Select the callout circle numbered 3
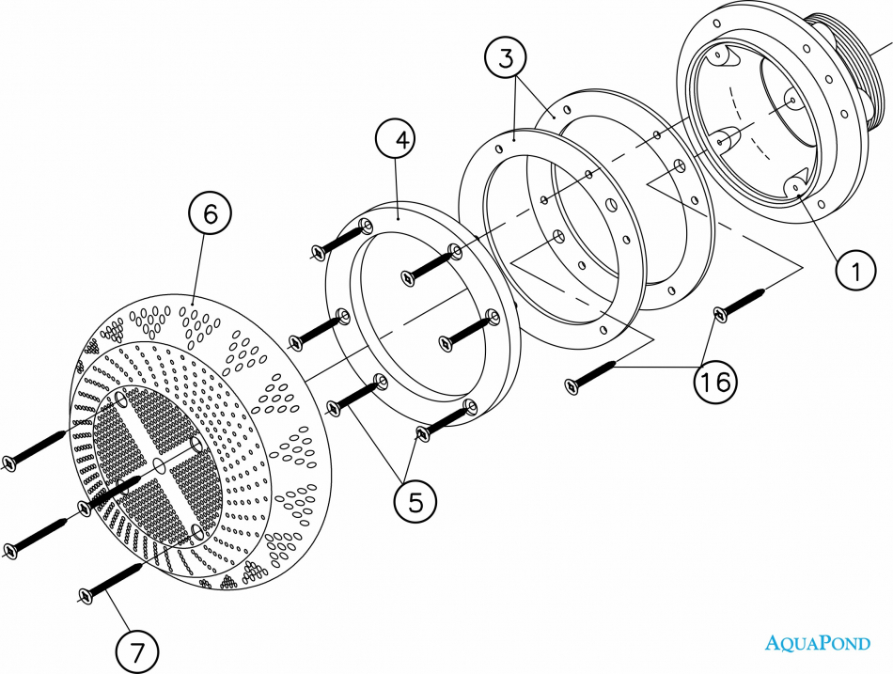click(506, 57)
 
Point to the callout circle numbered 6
click(211, 213)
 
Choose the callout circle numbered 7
click(136, 651)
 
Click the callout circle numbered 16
click(715, 381)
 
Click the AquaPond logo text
click(818, 643)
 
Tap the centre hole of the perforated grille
click(160, 466)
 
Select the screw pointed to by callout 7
click(110, 581)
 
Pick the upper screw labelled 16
click(739, 302)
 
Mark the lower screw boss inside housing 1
click(798, 182)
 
